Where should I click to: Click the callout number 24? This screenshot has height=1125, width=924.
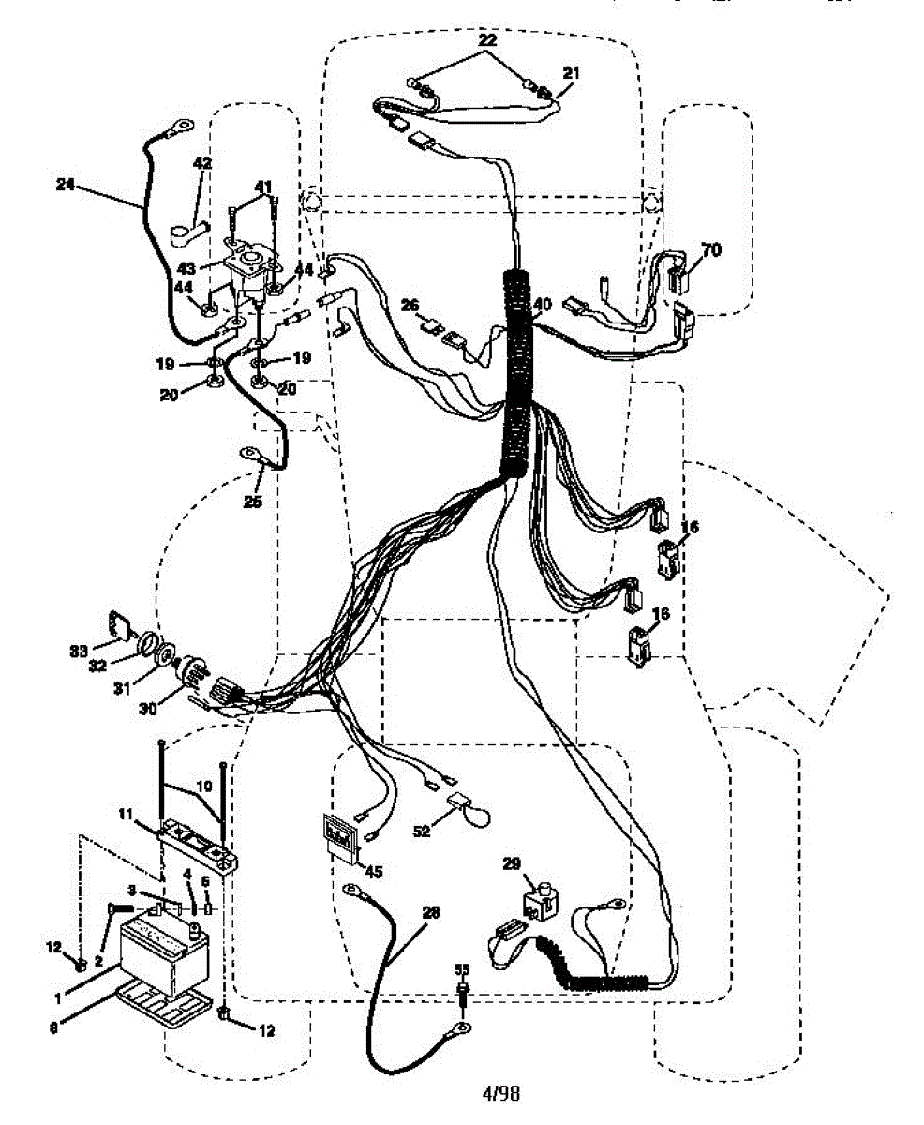(65, 186)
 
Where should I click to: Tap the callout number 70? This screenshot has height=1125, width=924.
(711, 250)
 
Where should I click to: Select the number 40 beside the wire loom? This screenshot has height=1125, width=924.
(544, 304)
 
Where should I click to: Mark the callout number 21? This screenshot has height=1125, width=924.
(572, 72)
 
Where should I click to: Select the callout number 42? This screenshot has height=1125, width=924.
(202, 163)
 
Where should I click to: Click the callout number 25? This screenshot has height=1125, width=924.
(252, 502)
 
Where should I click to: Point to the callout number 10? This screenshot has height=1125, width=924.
(203, 785)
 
